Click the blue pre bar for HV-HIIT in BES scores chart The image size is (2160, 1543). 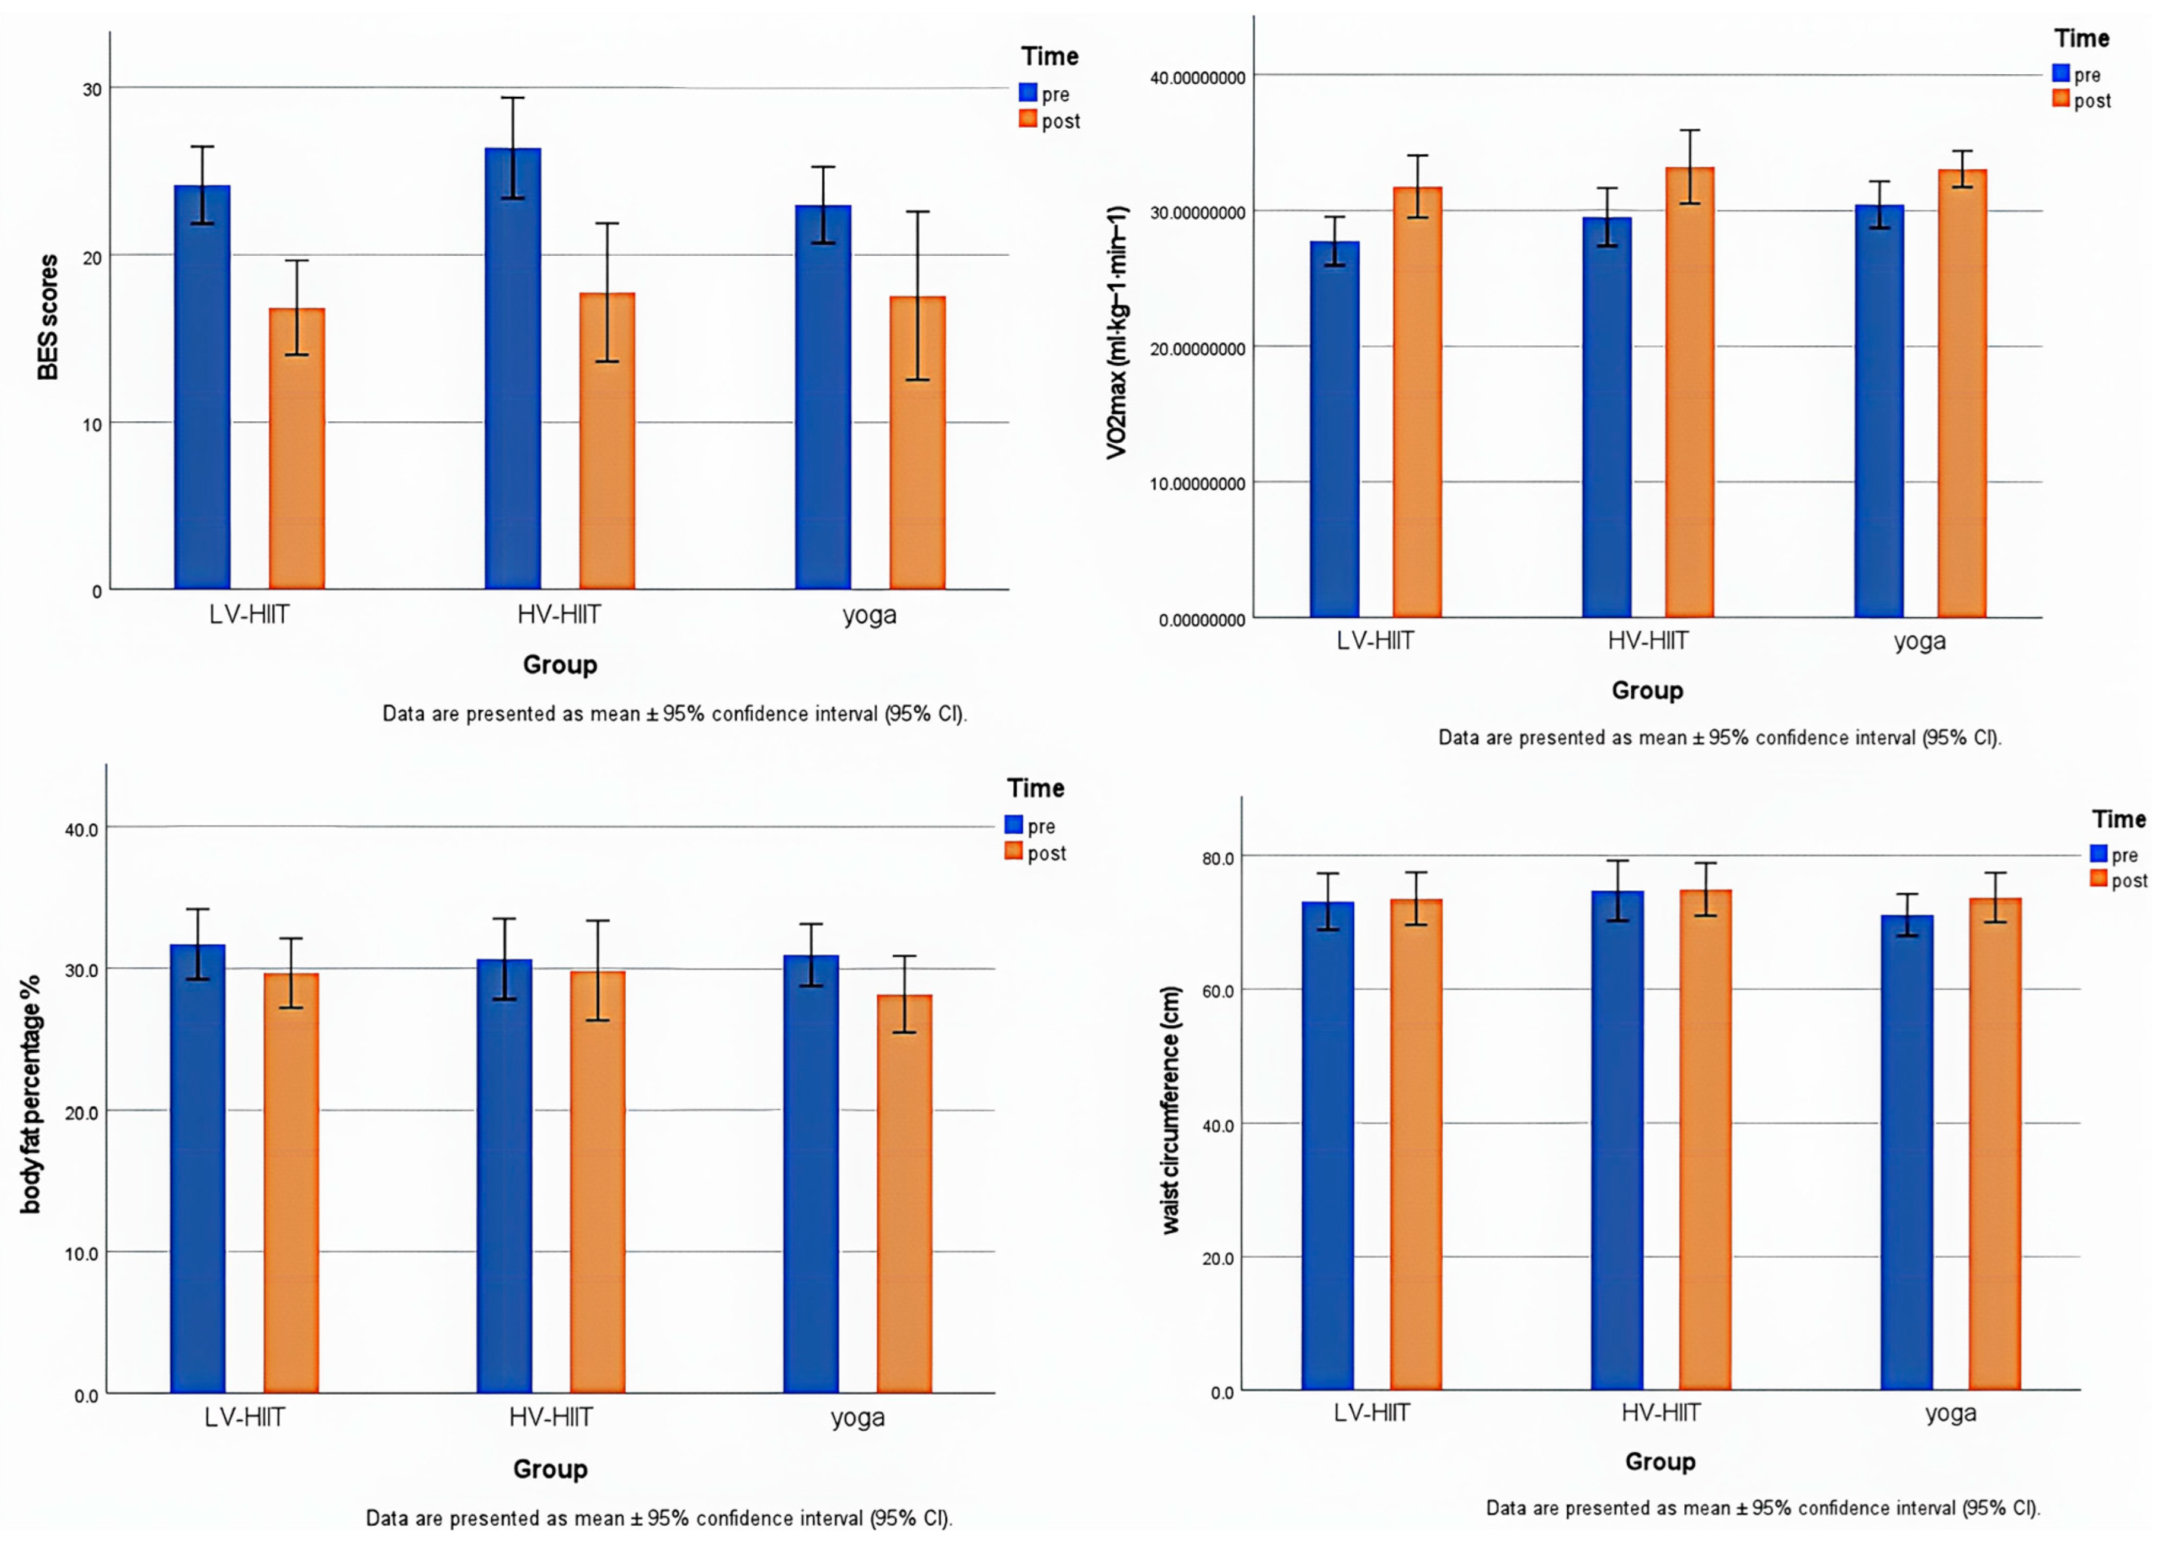tap(513, 369)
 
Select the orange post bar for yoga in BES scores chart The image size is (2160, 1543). tap(918, 443)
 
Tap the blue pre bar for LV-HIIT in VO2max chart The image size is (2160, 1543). tap(1335, 430)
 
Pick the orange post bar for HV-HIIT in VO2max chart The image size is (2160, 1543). tap(1690, 392)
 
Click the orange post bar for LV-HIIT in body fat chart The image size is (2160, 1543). tap(292, 1183)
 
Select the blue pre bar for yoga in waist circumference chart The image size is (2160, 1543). tap(1906, 1153)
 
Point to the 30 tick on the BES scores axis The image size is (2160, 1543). tap(92, 89)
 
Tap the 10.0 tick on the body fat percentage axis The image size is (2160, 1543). tap(82, 1253)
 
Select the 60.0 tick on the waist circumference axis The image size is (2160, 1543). tap(1218, 991)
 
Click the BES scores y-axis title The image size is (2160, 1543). tap(47, 318)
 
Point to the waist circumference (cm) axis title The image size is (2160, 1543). tap(1171, 1110)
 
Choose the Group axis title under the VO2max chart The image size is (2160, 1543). tap(1647, 691)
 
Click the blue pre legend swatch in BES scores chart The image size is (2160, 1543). tap(1027, 92)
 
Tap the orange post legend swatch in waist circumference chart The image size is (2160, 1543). tap(2098, 878)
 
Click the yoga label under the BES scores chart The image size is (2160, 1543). tap(869, 615)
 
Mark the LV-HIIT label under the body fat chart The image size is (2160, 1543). tap(244, 1418)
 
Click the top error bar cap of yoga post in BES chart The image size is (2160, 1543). tap(918, 212)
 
